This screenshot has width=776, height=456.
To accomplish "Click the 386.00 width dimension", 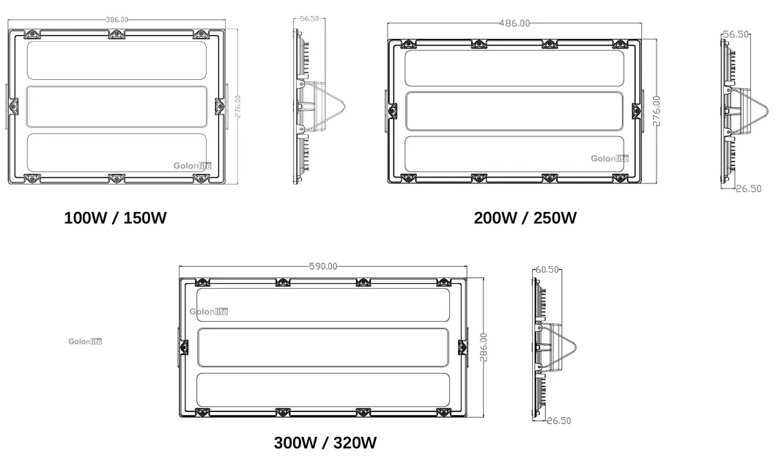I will [117, 19].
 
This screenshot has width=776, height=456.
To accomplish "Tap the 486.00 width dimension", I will [514, 23].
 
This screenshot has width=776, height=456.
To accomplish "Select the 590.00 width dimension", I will [322, 266].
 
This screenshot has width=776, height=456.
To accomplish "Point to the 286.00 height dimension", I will [484, 348].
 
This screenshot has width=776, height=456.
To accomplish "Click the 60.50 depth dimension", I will [547, 269].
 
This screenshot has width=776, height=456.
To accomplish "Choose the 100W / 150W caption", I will [114, 218].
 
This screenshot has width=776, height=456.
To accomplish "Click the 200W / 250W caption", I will [525, 218].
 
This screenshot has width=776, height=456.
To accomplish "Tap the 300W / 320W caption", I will [325, 443].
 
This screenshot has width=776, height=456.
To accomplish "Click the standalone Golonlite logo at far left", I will [85, 341].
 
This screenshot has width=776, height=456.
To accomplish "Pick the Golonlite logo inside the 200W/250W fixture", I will [610, 158].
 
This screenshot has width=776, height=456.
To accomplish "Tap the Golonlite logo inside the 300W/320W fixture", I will [208, 312].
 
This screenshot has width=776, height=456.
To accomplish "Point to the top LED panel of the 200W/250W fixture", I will [513, 67].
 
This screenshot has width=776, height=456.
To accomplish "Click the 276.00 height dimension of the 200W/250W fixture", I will [657, 110].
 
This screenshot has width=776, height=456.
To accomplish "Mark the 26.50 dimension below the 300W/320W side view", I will [559, 420].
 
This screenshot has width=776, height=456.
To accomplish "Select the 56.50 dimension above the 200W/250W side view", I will [736, 34].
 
